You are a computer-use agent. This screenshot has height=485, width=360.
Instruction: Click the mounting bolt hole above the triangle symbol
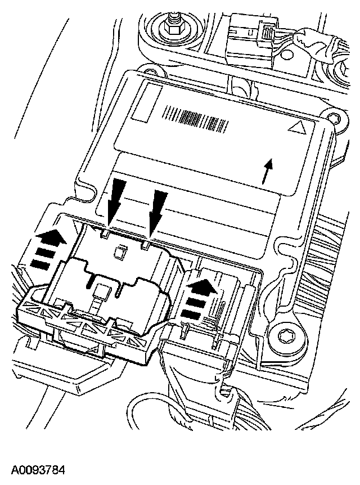(336, 118)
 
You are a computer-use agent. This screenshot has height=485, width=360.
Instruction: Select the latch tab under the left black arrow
(106, 231)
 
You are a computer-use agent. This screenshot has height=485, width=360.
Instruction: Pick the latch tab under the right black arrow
(147, 244)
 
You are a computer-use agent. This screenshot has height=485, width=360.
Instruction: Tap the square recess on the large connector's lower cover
(101, 290)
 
